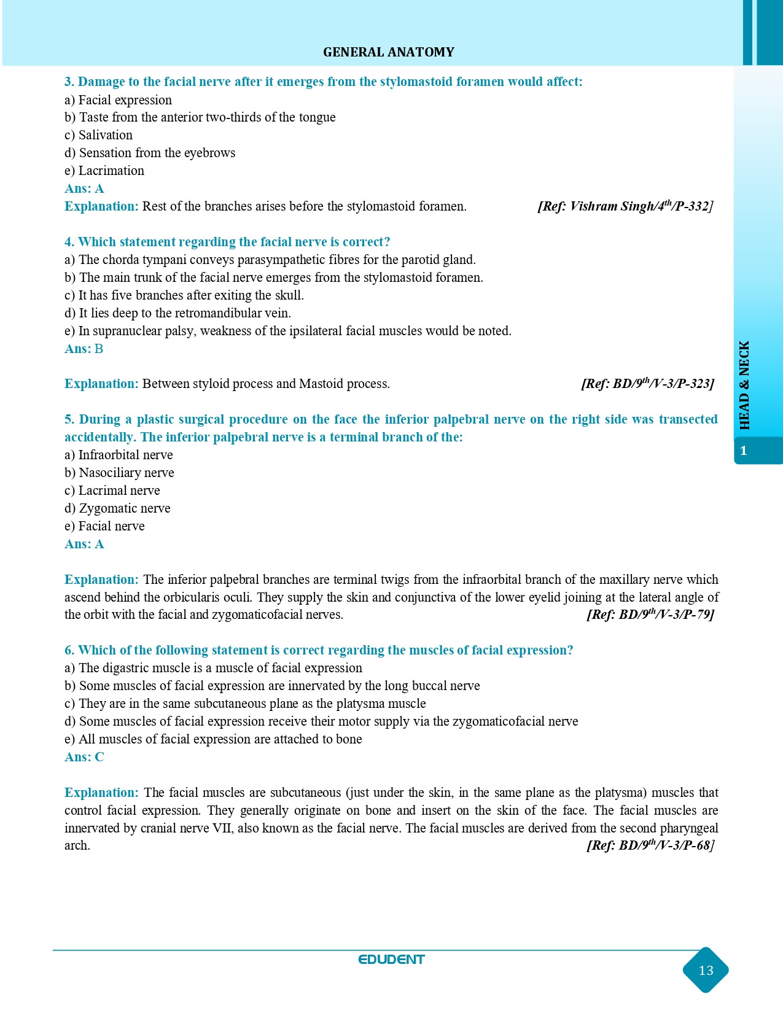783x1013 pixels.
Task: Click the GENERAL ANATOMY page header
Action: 388,52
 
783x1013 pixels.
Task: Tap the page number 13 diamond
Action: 706,970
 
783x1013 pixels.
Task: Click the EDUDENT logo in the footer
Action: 391,960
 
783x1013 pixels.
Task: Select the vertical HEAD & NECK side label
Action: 745,385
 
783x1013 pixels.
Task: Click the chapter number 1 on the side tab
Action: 744,451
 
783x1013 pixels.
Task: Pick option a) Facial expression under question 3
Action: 118,100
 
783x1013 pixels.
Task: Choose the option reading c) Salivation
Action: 98,135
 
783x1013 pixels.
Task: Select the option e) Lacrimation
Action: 104,171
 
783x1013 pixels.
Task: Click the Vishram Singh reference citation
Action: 625,206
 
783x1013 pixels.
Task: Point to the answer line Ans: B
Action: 84,349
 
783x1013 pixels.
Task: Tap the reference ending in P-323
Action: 647,384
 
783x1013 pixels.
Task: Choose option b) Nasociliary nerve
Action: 119,473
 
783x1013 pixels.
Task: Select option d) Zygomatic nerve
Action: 117,508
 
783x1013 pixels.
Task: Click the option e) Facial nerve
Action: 104,526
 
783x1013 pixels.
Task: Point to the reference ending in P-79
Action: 650,615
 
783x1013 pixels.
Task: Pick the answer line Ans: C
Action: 84,757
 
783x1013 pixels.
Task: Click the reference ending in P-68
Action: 650,845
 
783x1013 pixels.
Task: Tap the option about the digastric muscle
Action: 213,668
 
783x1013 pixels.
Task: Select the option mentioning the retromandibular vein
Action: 177,313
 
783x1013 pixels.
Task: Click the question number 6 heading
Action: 319,650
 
